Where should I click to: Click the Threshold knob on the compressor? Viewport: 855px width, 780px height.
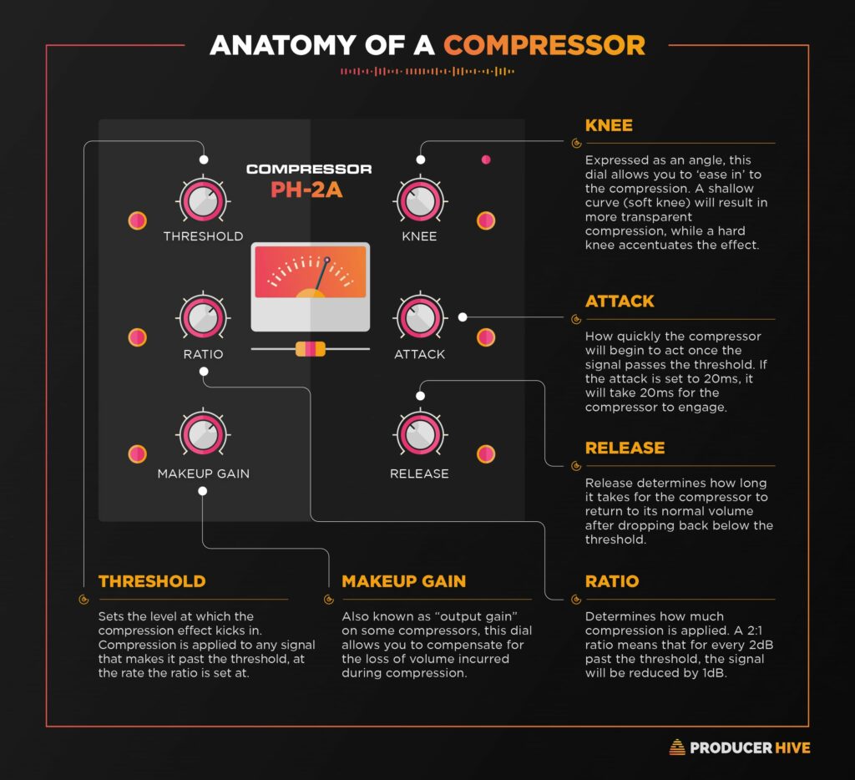click(203, 200)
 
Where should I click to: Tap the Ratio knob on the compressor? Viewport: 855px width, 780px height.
click(203, 317)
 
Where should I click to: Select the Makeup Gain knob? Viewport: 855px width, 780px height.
click(203, 433)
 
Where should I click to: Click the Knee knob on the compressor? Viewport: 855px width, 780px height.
click(419, 200)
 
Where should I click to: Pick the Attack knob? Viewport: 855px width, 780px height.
click(419, 317)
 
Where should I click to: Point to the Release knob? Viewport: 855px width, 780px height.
click(419, 433)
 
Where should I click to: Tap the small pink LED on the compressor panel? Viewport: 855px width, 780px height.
click(486, 160)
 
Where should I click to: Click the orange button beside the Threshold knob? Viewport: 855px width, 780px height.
click(138, 220)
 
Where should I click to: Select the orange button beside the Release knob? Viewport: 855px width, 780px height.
click(486, 454)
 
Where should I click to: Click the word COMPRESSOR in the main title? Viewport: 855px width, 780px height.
click(544, 44)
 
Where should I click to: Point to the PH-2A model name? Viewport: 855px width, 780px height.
click(307, 190)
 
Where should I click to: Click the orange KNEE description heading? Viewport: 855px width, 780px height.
click(609, 126)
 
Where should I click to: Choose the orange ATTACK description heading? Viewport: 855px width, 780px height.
click(620, 301)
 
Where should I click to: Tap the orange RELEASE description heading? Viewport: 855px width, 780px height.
click(625, 448)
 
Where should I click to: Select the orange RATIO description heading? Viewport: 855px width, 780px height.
click(612, 581)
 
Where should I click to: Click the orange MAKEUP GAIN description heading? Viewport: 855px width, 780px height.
click(404, 581)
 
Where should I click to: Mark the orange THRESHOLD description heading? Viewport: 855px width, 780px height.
click(152, 581)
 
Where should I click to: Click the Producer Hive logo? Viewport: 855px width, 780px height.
click(740, 747)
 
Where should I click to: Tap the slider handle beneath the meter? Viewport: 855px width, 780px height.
click(310, 348)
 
